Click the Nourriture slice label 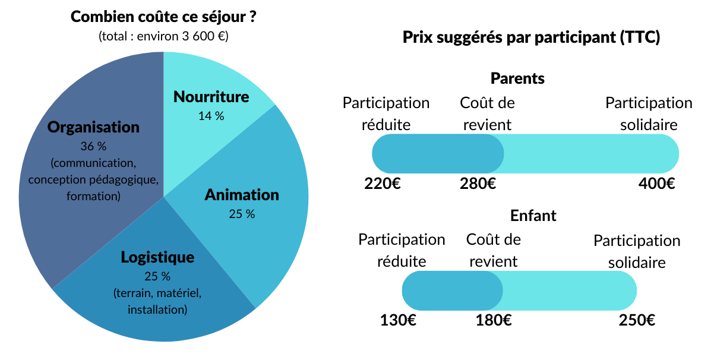point(211,97)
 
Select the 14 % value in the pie point(211,116)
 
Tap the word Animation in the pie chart point(242,195)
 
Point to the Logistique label point(157,257)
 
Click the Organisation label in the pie point(93,127)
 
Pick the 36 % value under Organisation point(93,146)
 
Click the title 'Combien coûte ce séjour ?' point(163,16)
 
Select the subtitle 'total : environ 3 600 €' point(163,36)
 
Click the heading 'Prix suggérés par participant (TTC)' point(532,38)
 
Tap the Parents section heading point(517,78)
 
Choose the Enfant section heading point(533,216)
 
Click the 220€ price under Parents point(383,184)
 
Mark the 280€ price point(478,184)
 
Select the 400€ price point(657,184)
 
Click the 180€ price point(494,321)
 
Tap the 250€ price point(637,321)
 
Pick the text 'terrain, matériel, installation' point(157,301)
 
